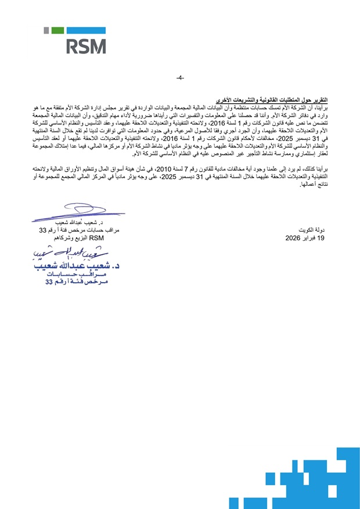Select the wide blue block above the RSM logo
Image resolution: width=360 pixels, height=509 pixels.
[x=87, y=30]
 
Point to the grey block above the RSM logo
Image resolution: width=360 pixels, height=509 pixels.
[x=46, y=30]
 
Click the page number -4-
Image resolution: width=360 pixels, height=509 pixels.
[x=180, y=78]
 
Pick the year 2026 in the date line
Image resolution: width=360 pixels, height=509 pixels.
[x=295, y=238]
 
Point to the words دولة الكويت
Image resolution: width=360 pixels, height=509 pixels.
[x=316, y=230]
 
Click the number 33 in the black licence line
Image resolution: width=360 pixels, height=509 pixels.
[x=42, y=230]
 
